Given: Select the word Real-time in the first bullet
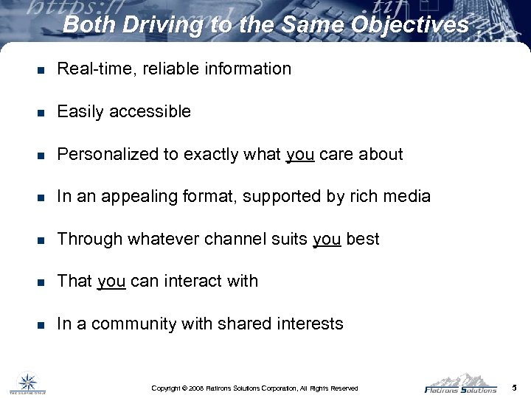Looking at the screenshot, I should click(89, 69).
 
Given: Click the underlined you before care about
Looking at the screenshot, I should click(299, 155).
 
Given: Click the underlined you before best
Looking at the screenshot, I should click(327, 240).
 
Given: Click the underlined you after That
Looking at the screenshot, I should click(111, 282).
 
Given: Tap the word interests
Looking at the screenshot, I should click(311, 324).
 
